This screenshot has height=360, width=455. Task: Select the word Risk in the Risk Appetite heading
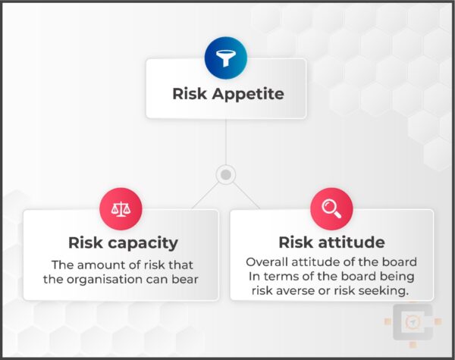click(x=189, y=95)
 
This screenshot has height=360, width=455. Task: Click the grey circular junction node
click(x=225, y=175)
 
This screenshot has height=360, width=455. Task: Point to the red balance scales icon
click(x=121, y=208)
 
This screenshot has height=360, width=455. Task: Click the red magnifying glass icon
click(x=331, y=208)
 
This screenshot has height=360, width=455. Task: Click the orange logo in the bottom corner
click(x=413, y=322)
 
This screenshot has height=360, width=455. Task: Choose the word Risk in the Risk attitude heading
click(x=296, y=243)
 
